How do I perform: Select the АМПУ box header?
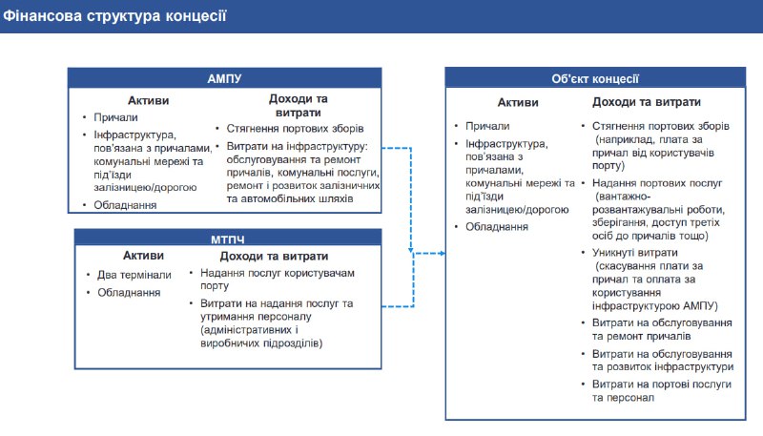pyautogui.click(x=225, y=78)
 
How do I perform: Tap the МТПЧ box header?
pyautogui.click(x=225, y=239)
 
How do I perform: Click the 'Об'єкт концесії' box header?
pyautogui.click(x=594, y=80)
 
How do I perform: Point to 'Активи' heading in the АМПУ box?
pyautogui.click(x=148, y=100)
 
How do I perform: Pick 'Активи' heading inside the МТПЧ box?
pyautogui.click(x=143, y=256)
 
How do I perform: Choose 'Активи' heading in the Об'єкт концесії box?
pyautogui.click(x=518, y=103)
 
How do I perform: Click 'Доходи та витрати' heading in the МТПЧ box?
pyautogui.click(x=275, y=256)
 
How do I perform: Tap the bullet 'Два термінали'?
pyautogui.click(x=134, y=275)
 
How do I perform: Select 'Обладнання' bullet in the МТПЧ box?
pyautogui.click(x=129, y=292)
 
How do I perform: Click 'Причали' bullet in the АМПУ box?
pyautogui.click(x=114, y=117)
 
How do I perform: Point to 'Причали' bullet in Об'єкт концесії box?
pyautogui.click(x=487, y=126)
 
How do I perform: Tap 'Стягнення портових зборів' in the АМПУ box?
pyautogui.click(x=295, y=129)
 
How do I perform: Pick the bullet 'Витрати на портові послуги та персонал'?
pyautogui.click(x=661, y=389)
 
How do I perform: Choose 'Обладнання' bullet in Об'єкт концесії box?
pyautogui.click(x=497, y=226)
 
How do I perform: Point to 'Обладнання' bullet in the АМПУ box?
pyautogui.click(x=125, y=204)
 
